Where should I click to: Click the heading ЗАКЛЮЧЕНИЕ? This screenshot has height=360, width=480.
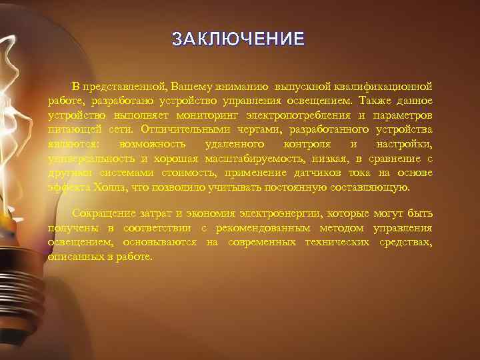pos(239,39)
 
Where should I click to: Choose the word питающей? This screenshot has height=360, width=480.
pos(71,129)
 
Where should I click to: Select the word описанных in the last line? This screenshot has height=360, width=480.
pos(73,257)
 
